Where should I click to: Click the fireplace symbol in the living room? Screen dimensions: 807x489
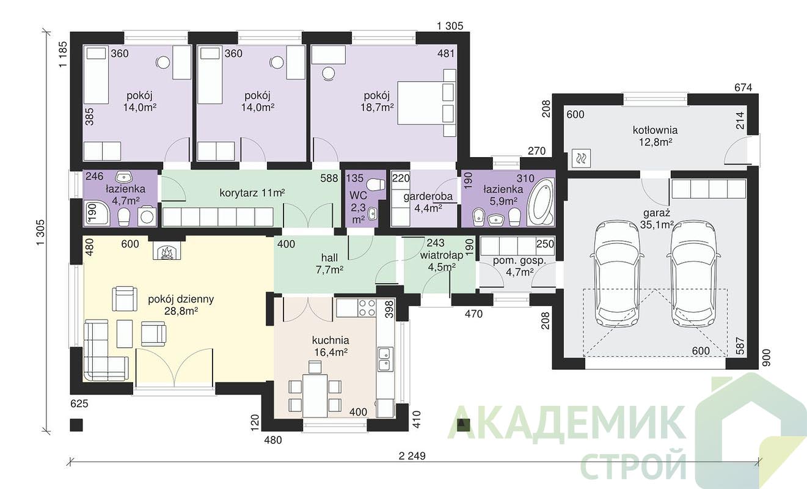pos(166,251)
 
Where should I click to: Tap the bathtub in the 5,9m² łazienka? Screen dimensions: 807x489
pos(540,202)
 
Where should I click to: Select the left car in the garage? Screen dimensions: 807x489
pos(617,273)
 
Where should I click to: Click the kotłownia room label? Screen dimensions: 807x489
pos(655,130)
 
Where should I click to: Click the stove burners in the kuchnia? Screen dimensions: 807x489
pos(367,307)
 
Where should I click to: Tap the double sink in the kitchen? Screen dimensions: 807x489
pos(385,359)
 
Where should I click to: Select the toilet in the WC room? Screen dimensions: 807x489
pos(376,185)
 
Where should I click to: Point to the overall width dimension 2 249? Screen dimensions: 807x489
pos(412,456)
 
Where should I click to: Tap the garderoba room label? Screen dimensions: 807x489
pos(428,197)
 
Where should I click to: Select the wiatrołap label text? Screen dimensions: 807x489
pos(442,256)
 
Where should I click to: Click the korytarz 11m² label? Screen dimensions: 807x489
pos(252,193)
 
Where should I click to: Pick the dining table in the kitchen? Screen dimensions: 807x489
pos(315,395)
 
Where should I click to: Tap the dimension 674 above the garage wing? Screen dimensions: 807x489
pos(743,87)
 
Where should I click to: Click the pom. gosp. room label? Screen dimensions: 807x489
pos(519,260)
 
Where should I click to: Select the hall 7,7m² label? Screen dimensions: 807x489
pos(329,263)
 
